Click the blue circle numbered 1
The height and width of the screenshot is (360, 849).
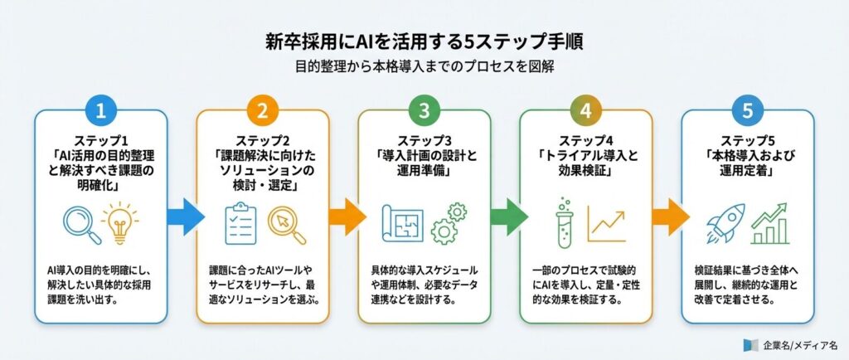[101, 109]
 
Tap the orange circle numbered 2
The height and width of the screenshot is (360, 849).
[263, 109]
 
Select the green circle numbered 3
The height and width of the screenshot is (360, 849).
[424, 109]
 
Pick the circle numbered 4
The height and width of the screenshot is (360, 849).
[586, 109]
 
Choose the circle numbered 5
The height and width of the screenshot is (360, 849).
[748, 109]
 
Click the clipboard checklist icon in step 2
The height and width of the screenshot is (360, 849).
[242, 222]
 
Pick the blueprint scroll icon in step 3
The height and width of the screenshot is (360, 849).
[404, 222]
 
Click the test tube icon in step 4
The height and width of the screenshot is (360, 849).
[564, 221]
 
